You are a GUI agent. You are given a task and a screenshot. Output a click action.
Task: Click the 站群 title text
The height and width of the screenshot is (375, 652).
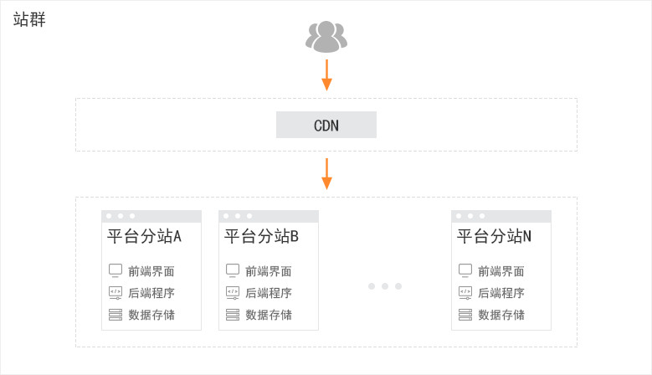[29, 19]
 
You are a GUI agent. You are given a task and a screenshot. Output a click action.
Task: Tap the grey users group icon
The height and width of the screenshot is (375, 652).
[326, 37]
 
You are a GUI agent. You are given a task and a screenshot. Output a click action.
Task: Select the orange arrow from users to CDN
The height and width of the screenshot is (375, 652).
[326, 74]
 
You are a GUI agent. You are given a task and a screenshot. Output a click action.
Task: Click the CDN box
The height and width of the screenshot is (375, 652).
[326, 125]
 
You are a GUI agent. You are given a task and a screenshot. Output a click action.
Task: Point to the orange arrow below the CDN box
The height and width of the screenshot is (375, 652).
[326, 174]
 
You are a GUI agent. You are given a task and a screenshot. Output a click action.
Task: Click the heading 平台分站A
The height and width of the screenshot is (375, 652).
[144, 236]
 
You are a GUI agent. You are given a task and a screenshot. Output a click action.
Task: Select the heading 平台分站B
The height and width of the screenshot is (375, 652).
[261, 236]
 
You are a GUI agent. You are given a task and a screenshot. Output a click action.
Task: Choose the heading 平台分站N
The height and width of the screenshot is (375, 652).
[494, 236]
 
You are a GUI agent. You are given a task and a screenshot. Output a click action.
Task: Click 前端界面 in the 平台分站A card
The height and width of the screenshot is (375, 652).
[151, 271]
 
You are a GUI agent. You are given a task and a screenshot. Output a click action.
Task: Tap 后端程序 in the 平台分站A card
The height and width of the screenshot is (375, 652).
[151, 293]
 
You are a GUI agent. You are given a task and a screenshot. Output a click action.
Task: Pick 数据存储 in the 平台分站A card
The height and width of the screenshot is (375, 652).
[151, 315]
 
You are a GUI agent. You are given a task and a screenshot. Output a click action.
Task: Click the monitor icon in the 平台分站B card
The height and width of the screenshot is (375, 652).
[233, 270]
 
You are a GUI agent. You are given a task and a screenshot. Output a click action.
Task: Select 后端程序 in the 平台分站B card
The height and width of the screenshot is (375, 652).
[269, 293]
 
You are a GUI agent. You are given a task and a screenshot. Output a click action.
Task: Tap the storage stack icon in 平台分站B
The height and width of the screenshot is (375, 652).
[233, 315]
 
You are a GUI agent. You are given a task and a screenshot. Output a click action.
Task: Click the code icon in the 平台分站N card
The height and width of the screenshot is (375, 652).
[465, 293]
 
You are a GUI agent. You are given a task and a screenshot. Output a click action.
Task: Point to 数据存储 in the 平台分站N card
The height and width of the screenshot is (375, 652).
[501, 315]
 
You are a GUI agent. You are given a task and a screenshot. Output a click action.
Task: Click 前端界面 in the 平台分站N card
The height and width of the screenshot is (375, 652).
[501, 271]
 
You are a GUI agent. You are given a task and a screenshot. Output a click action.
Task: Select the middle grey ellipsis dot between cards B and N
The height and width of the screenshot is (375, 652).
[385, 286]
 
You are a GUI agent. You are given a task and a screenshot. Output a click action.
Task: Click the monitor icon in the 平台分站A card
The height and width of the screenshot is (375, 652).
[116, 270]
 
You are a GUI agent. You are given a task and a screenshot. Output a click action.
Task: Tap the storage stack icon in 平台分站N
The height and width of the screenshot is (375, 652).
[465, 315]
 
